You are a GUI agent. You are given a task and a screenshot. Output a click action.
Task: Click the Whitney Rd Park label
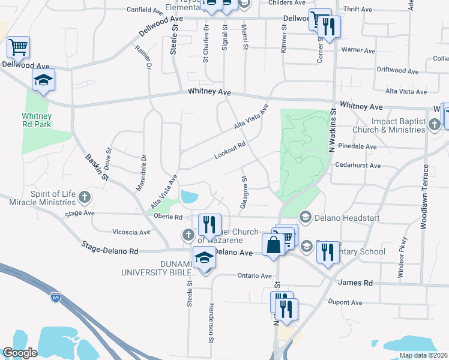(36, 120)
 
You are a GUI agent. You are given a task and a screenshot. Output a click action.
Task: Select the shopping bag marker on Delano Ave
(273, 245)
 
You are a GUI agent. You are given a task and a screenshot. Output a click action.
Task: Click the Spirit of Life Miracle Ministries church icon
(85, 196)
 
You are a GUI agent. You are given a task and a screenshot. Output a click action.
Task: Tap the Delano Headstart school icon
(305, 217)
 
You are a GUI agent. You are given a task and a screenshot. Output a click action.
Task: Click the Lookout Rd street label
(231, 151)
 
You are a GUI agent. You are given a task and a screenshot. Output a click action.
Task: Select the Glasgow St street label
(244, 192)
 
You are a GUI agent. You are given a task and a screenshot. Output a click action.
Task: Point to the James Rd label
(355, 283)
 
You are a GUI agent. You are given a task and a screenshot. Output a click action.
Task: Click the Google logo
(20, 353)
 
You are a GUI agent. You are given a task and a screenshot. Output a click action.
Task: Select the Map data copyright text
(424, 355)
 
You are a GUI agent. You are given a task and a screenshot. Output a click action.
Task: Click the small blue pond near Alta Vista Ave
(189, 196)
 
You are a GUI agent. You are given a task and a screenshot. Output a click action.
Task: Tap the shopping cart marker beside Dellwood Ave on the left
(18, 47)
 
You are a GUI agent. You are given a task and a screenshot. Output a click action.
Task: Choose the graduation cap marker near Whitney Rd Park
(43, 80)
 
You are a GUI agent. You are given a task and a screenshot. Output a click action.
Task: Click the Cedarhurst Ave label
(358, 165)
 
